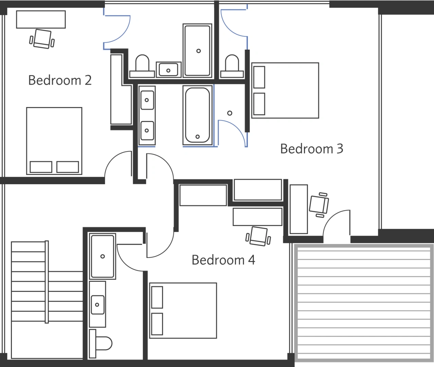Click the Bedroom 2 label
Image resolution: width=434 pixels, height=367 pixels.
[60, 81]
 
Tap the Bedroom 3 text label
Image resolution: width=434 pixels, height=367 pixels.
[311, 149]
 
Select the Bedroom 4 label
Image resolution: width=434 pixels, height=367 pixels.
[223, 260]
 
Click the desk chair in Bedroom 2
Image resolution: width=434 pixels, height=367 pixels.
[42, 39]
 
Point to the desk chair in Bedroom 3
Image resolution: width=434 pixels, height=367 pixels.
[319, 205]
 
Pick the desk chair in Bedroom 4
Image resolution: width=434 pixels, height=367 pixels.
[258, 236]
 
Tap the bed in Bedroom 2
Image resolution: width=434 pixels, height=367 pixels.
[54, 141]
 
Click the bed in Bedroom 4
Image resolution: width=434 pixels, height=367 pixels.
[183, 310]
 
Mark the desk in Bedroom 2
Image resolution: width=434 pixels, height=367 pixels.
[41, 19]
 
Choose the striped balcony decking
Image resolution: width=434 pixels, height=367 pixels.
[364, 302]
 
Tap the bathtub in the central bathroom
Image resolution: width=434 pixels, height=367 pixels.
[197, 115]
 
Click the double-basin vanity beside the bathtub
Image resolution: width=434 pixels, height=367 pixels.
[147, 115]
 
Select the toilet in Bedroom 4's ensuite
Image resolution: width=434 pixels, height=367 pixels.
[100, 343]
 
